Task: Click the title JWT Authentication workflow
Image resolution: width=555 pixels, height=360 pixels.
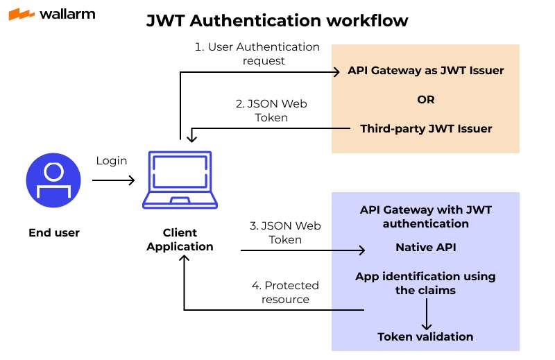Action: coord(277,22)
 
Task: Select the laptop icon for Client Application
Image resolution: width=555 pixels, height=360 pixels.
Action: coord(180,179)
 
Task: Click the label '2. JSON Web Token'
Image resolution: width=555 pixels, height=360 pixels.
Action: coord(271,111)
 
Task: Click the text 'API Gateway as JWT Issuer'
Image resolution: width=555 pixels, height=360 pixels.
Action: coord(426,71)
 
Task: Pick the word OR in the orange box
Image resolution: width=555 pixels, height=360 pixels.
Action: coord(426,100)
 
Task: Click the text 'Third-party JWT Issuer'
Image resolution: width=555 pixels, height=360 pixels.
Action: coord(426,128)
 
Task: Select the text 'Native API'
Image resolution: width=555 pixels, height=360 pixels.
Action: coord(426,247)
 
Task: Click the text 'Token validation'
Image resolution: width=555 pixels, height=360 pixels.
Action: coord(426,336)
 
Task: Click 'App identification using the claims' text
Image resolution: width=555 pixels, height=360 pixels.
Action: coord(426,283)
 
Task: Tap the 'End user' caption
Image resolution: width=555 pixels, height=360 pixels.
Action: coord(54,233)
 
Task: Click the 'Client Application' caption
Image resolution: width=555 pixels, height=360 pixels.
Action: coord(180,239)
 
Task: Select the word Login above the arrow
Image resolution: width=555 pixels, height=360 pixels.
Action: coord(112,161)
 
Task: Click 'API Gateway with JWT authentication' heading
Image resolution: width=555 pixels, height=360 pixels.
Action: coord(426,216)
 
